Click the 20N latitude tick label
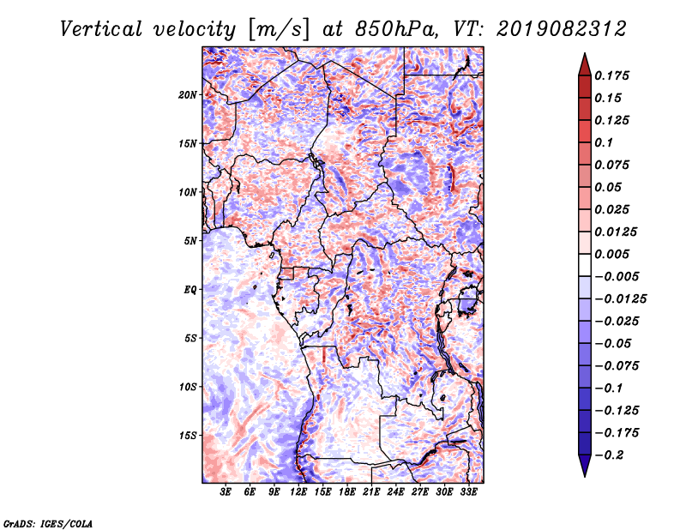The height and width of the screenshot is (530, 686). pos(188,95)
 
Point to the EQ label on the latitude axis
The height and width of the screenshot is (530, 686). pos(190,290)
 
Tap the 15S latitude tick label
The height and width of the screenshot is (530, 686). pos(188,436)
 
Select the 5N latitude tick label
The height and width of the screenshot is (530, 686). pos(190,241)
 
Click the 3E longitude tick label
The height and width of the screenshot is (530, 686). pos(226,492)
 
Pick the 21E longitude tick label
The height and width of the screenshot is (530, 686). pos(371,492)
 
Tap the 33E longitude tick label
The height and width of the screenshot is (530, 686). pos(468,492)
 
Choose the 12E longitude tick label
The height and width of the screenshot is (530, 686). pos(298,492)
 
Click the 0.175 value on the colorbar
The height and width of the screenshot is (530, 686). pos(611,75)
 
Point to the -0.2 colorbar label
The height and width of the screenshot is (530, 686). pos(609,455)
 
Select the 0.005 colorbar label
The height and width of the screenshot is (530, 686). pos(611,254)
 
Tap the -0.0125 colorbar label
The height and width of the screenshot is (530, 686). pos(620,299)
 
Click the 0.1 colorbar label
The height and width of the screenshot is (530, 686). pos(604,142)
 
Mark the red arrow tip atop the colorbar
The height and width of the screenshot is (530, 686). pos(585,53)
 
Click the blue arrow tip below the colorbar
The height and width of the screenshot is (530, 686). pos(585,476)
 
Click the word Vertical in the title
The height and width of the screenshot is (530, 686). pos(101,29)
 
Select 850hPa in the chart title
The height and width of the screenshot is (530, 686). pos(396,29)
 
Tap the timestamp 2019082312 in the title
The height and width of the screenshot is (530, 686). pos(562,29)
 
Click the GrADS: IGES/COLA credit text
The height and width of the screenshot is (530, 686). pos(48,524)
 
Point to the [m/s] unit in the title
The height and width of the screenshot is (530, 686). pos(279,30)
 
